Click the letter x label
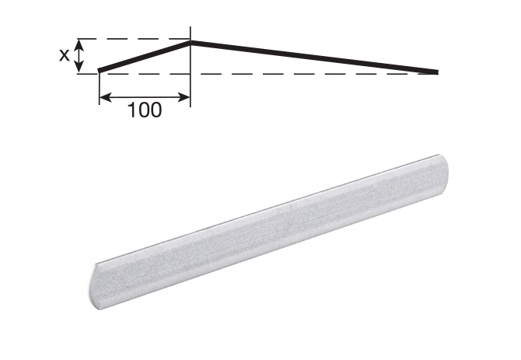(64, 55)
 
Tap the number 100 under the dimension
(145, 110)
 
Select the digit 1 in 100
(131, 110)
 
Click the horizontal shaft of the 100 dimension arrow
(145, 97)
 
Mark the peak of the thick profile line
(191, 42)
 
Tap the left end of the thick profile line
(100, 72)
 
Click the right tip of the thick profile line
(436, 72)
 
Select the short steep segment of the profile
(146, 57)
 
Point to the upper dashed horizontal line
(132, 39)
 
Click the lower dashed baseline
(272, 74)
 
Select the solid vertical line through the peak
(191, 78)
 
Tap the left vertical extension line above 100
(100, 87)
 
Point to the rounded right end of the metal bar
(442, 166)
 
